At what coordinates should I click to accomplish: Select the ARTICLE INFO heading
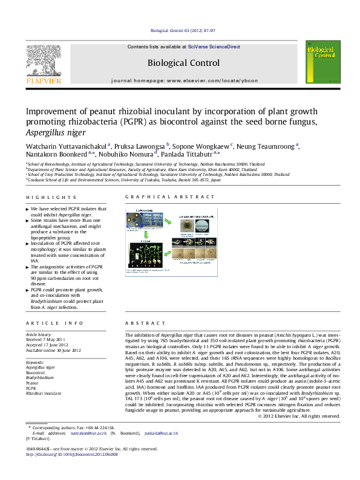[50, 323]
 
